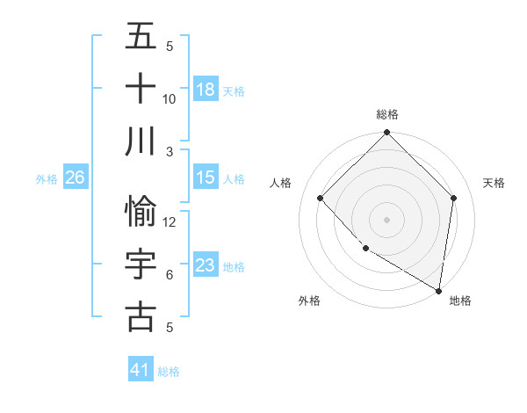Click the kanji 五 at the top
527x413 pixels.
click(x=141, y=37)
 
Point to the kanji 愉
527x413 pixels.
click(x=141, y=212)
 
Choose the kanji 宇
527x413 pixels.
click(x=141, y=264)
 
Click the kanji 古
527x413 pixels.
click(x=141, y=316)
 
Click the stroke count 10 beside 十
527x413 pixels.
click(x=170, y=98)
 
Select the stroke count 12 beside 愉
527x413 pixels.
click(x=170, y=222)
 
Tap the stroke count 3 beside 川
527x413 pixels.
click(x=170, y=151)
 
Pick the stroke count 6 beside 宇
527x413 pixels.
click(x=170, y=275)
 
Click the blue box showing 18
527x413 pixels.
click(x=206, y=90)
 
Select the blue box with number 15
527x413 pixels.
click(x=206, y=178)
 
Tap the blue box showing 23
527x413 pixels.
click(x=206, y=265)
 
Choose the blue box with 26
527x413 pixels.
click(x=75, y=178)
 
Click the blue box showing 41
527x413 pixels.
click(x=141, y=370)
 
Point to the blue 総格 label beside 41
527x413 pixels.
click(x=169, y=372)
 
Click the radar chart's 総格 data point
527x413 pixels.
click(x=386, y=134)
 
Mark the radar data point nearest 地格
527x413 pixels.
click(x=438, y=290)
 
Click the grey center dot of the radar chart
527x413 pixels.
click(x=386, y=219)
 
